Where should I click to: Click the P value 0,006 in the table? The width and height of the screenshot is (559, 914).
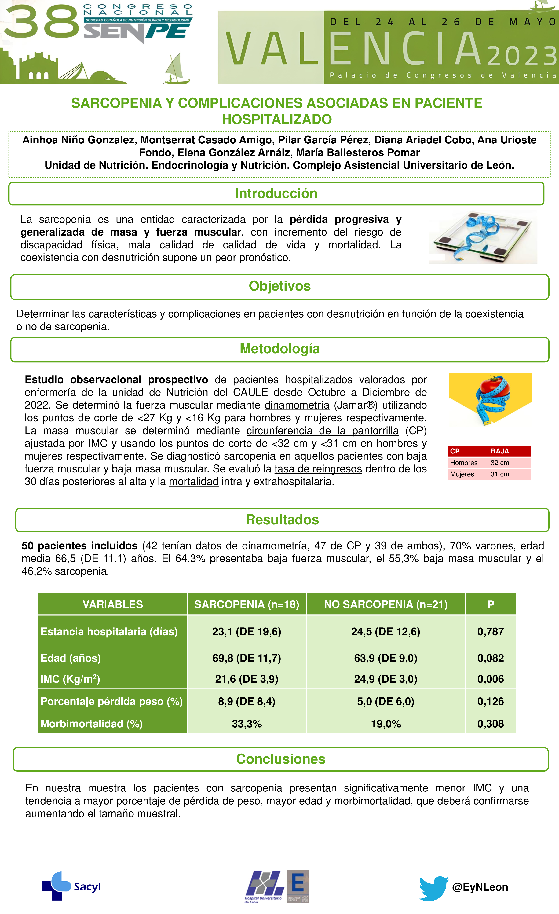(x=490, y=679)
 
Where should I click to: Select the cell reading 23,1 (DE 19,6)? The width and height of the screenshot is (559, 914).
(x=247, y=631)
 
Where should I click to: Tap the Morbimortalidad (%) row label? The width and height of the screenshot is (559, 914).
(x=92, y=723)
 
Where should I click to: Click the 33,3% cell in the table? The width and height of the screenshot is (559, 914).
(x=247, y=723)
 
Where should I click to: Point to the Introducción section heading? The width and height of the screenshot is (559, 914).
(x=276, y=193)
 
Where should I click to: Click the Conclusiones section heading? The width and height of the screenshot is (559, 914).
(x=281, y=759)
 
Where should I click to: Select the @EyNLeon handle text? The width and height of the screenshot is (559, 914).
(x=480, y=887)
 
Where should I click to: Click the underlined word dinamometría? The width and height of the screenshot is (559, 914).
(x=297, y=405)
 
